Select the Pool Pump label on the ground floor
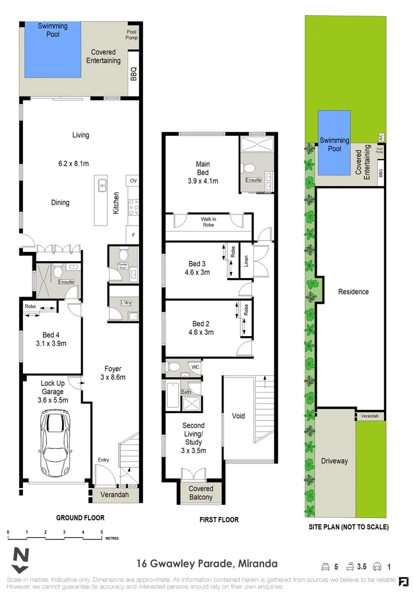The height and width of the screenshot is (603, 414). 132,35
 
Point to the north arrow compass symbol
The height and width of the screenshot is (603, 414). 21,561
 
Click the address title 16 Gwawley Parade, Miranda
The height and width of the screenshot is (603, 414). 207,564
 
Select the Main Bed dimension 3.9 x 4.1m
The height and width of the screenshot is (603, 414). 203,181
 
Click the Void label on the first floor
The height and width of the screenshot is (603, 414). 239,416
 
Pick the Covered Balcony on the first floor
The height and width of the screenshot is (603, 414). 201,493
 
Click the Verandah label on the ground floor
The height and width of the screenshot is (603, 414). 114,495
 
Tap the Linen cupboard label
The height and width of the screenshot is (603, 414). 246,261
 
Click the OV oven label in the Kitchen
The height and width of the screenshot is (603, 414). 133,181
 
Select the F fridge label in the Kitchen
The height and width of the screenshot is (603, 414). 133,234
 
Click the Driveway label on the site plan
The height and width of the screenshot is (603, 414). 334,461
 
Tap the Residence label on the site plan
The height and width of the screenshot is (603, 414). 353,291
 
